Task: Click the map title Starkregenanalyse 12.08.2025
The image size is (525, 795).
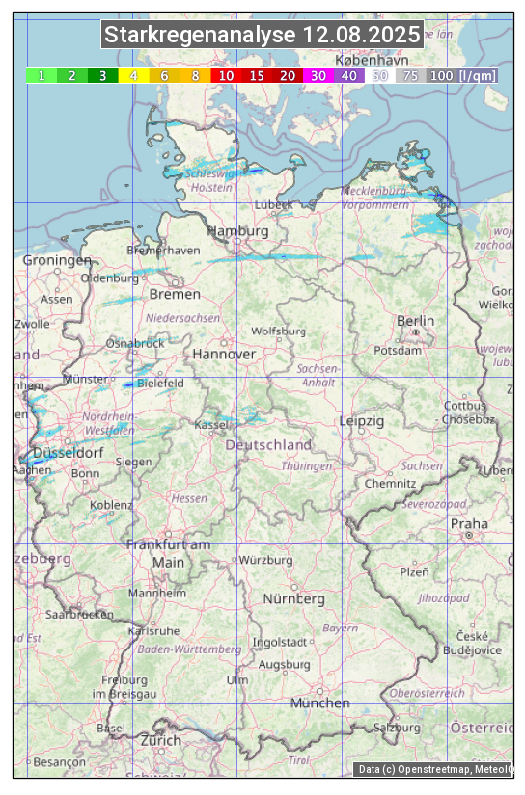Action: pyautogui.click(x=262, y=36)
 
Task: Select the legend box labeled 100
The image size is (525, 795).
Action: pyautogui.click(x=441, y=75)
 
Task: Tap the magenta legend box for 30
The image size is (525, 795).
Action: pyautogui.click(x=318, y=75)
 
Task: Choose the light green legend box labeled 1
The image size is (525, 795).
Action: pyautogui.click(x=41, y=75)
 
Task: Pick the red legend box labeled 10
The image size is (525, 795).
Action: pyautogui.click(x=226, y=75)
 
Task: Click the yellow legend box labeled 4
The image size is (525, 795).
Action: pyautogui.click(x=133, y=75)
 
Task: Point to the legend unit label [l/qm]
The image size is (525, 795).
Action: pyautogui.click(x=478, y=75)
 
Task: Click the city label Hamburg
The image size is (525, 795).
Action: pyautogui.click(x=237, y=231)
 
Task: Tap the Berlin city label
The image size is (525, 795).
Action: pyautogui.click(x=415, y=321)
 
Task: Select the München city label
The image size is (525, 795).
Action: pyautogui.click(x=319, y=702)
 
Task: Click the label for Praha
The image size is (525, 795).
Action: pyautogui.click(x=469, y=524)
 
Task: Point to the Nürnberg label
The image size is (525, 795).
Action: pyautogui.click(x=294, y=598)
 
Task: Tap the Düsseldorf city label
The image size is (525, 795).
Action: pyautogui.click(x=68, y=452)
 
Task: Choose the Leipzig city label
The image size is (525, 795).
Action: pyautogui.click(x=362, y=421)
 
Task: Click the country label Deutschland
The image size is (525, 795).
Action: pyautogui.click(x=268, y=445)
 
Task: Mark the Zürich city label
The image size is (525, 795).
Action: pyautogui.click(x=160, y=740)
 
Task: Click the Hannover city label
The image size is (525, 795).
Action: pyautogui.click(x=224, y=354)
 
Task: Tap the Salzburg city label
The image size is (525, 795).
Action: pyautogui.click(x=396, y=727)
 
